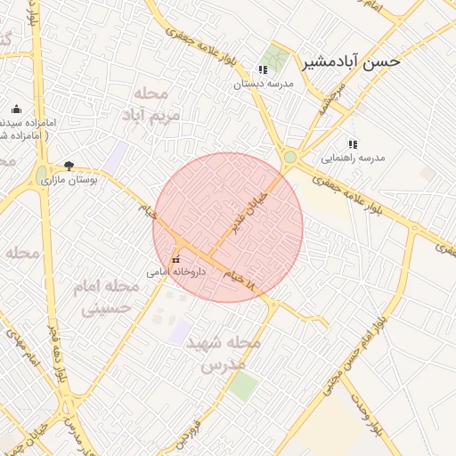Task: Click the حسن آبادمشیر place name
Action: (352, 61)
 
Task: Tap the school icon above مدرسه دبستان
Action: (262, 69)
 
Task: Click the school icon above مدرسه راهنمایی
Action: (353, 143)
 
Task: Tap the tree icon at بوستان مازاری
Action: (69, 166)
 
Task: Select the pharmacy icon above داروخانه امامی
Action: (175, 259)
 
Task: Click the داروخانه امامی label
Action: (176, 272)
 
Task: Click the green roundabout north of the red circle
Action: (289, 159)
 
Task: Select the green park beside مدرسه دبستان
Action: (275, 60)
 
